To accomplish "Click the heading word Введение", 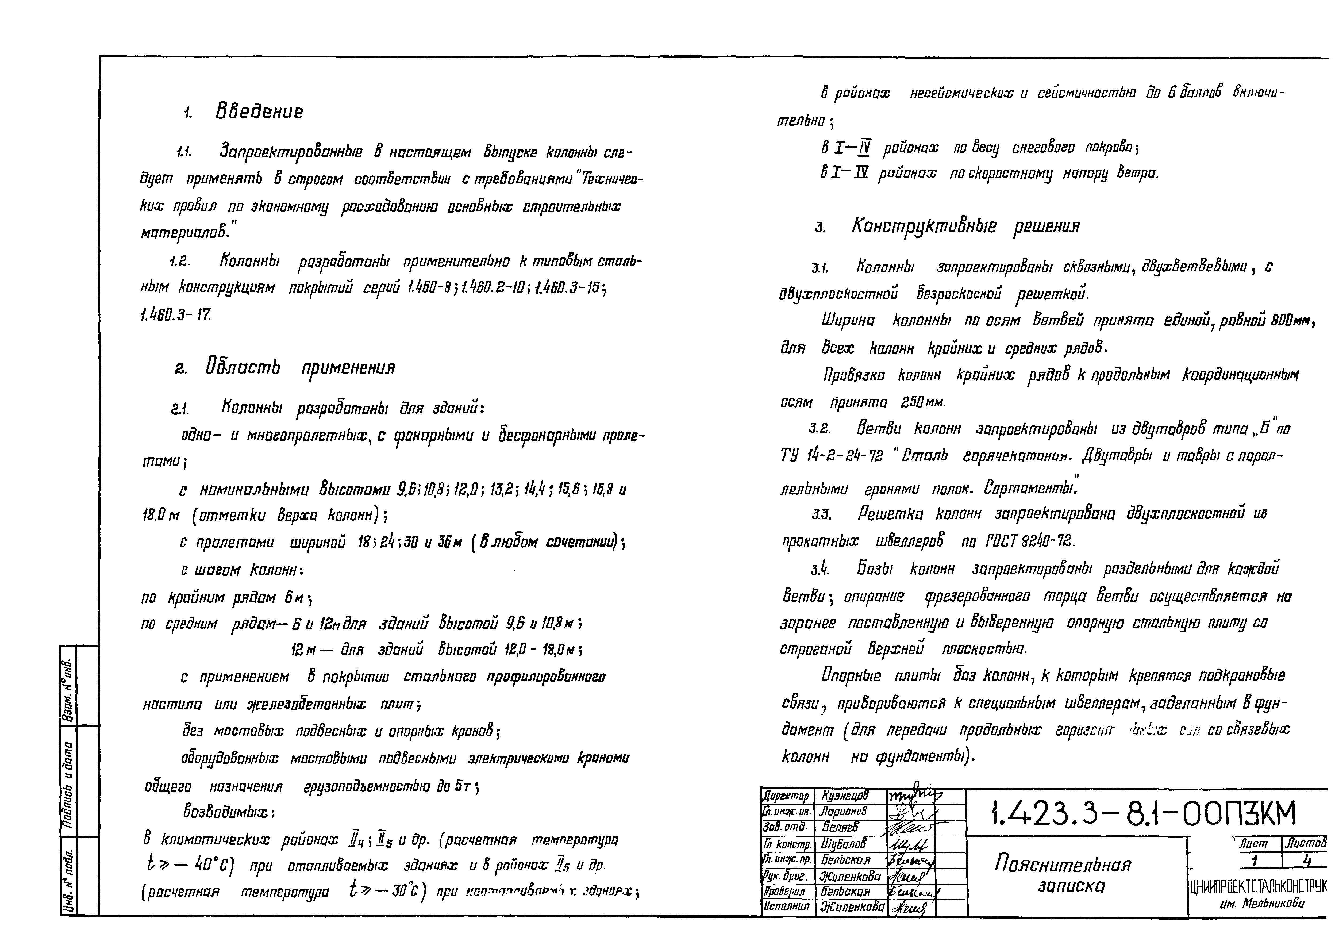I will pyautogui.click(x=259, y=111).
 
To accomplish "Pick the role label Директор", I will pyautogui.click(x=786, y=796).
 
